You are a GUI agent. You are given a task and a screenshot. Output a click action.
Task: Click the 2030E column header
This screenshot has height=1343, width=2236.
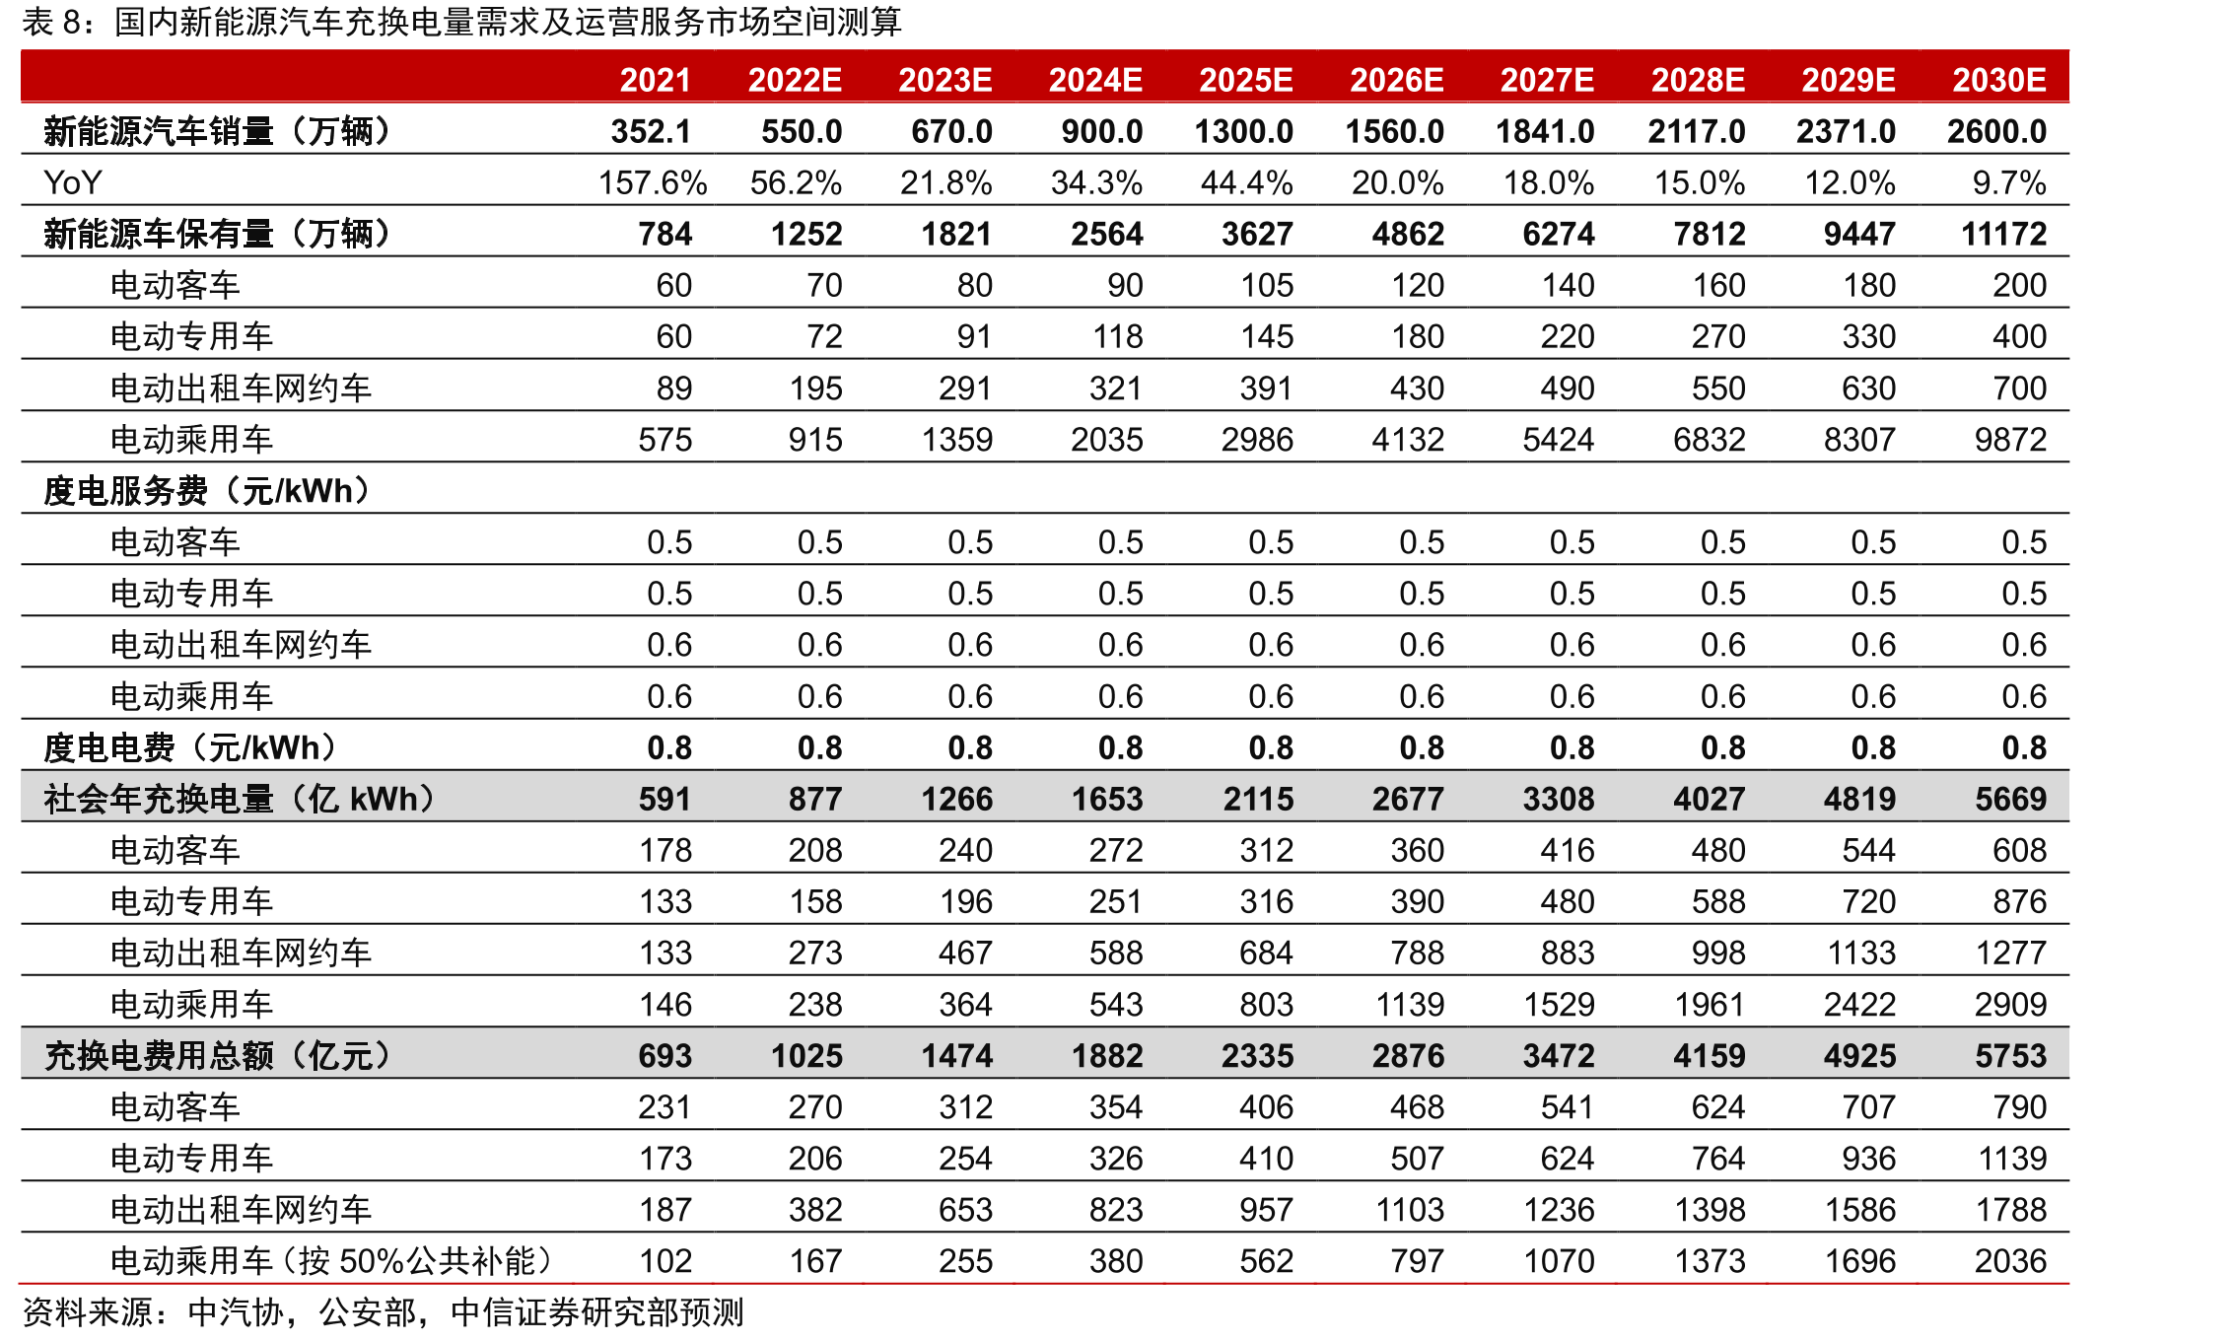(1998, 80)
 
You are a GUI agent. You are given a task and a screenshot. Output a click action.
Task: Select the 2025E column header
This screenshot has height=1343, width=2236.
(1245, 80)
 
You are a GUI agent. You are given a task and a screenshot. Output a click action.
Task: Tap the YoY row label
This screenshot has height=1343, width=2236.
(72, 183)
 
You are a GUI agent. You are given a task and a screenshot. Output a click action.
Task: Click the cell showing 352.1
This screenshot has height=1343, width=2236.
(651, 131)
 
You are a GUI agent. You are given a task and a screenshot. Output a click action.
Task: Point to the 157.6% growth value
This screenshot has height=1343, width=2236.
(653, 183)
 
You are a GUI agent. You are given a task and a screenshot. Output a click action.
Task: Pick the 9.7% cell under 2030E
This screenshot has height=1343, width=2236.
(2009, 183)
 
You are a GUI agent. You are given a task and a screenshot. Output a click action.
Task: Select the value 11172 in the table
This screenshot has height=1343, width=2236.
(2004, 235)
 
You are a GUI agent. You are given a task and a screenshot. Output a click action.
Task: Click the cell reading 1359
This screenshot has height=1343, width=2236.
(957, 440)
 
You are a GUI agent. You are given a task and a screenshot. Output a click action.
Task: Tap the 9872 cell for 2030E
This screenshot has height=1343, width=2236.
(2010, 440)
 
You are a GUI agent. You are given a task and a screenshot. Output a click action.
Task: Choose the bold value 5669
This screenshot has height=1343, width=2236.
(2010, 800)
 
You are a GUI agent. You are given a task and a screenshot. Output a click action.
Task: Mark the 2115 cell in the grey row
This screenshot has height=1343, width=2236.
(1258, 800)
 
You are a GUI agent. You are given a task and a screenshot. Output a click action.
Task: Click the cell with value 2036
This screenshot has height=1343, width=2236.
(2010, 1261)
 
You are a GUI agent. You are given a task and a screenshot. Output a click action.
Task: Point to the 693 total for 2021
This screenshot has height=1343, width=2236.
(665, 1056)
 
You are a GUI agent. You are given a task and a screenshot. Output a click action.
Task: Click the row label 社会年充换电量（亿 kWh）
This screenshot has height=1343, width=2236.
(240, 800)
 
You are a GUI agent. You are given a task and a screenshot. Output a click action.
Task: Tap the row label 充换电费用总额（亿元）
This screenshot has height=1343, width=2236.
(218, 1056)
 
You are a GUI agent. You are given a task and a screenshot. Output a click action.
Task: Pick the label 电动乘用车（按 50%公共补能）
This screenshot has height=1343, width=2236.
(331, 1261)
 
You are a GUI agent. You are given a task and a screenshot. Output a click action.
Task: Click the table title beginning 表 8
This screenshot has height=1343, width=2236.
(461, 22)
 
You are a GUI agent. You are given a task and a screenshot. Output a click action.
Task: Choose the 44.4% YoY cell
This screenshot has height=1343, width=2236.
(1246, 183)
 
